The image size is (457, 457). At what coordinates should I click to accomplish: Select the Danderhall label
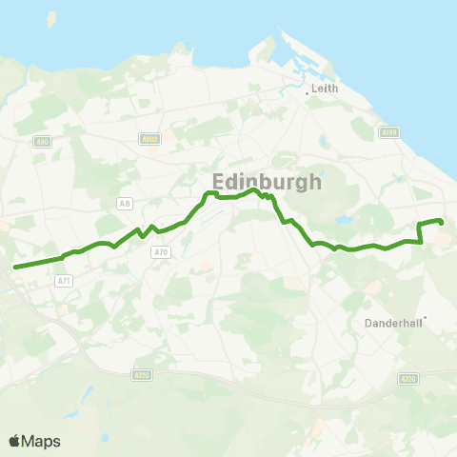pos(392,323)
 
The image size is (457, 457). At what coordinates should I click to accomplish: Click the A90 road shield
pos(42,142)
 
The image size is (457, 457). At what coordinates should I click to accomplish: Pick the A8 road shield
pos(125,203)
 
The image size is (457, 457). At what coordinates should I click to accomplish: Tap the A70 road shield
pos(161,251)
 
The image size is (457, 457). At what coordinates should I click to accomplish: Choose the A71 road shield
pos(64,280)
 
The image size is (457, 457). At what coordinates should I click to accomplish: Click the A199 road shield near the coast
pos(387,132)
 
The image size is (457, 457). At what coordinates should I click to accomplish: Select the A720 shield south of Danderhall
pos(407,379)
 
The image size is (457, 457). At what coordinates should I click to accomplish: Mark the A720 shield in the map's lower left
pos(141,375)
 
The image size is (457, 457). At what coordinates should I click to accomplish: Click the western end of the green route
pos(15,267)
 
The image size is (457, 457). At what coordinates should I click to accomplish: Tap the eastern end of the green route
pos(441,222)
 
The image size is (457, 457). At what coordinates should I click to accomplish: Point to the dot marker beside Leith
pos(308,93)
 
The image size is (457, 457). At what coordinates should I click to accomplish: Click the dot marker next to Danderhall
pos(425,319)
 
